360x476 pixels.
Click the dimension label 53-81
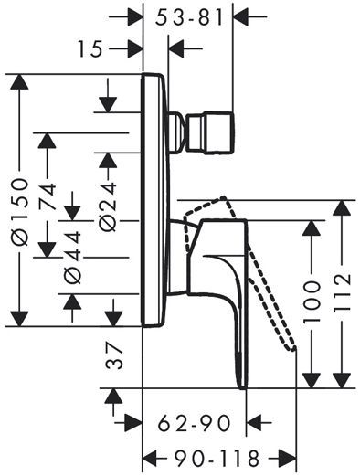(189, 17)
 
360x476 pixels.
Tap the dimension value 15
(90, 49)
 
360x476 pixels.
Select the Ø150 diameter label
(20, 212)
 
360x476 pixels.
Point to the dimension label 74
(48, 196)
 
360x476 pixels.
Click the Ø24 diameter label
(108, 206)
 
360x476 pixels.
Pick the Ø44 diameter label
(73, 258)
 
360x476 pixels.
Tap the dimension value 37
(114, 355)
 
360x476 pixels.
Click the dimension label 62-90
(195, 423)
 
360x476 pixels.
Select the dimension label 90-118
(217, 458)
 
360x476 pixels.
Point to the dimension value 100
(312, 301)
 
